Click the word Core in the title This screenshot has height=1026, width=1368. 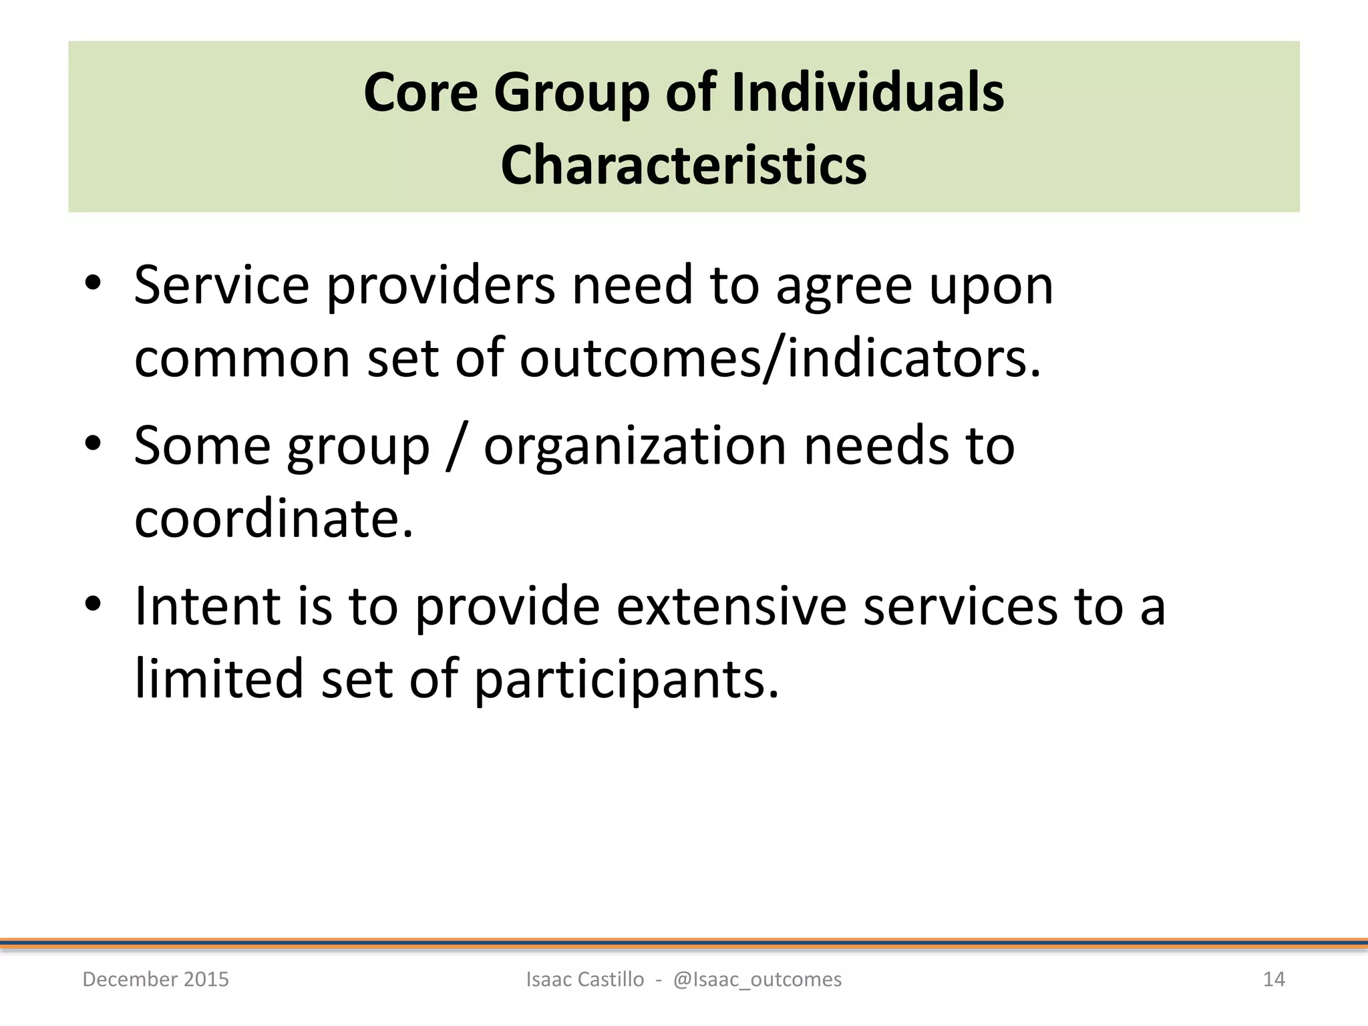click(x=420, y=92)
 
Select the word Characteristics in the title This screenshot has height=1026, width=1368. click(x=683, y=165)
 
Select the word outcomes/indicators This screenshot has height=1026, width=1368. click(x=780, y=359)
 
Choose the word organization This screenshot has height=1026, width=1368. click(x=635, y=446)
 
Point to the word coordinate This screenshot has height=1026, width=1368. click(x=273, y=518)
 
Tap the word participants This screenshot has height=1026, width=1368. click(x=626, y=679)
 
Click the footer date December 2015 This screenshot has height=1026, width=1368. click(x=156, y=979)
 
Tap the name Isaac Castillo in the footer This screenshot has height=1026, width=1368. click(x=585, y=979)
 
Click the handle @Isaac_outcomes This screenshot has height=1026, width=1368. click(x=757, y=979)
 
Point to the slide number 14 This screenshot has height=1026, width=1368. click(x=1274, y=979)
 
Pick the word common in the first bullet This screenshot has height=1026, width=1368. click(x=242, y=359)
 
